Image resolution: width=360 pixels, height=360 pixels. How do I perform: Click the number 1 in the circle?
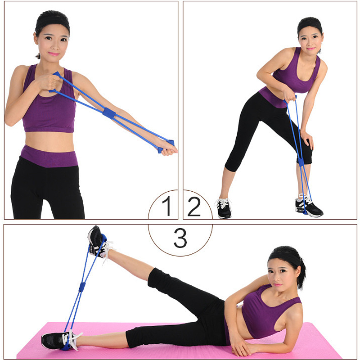click(x=167, y=206)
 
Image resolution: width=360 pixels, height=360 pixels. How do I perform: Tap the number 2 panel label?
click(x=194, y=207)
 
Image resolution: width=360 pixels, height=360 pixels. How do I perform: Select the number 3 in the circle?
click(x=180, y=238)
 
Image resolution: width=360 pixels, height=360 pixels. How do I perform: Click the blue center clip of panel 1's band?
click(x=109, y=113)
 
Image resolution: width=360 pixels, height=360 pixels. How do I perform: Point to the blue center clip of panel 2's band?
click(x=301, y=162)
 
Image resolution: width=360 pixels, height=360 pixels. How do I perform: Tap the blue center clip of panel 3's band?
click(x=82, y=287)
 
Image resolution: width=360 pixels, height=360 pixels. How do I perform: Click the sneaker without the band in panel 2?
click(x=223, y=208)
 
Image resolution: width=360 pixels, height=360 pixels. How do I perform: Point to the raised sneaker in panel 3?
click(x=99, y=242)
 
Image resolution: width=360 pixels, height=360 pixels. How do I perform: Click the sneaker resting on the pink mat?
click(x=60, y=340)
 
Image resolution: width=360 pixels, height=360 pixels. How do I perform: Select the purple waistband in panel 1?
click(x=49, y=156)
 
